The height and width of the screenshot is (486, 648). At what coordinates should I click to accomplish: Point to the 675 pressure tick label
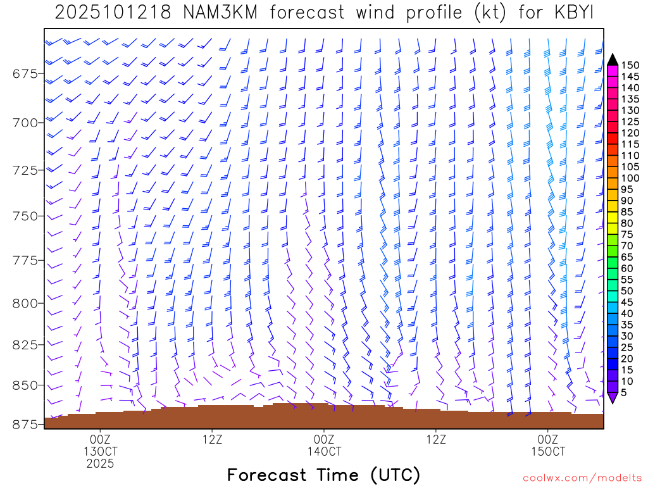(25, 74)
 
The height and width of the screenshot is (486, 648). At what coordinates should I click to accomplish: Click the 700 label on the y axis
(25, 121)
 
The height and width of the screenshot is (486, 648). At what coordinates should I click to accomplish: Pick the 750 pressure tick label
(25, 216)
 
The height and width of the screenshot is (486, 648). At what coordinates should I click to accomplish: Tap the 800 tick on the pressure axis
(25, 303)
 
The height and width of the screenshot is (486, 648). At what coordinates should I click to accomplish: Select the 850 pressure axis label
(25, 385)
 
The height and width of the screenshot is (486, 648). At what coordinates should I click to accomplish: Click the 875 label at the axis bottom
(25, 424)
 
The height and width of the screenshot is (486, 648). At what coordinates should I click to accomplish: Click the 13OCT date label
(101, 452)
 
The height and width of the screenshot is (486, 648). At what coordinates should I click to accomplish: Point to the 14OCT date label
(324, 452)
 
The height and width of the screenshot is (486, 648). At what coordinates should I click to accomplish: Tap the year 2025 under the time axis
(101, 464)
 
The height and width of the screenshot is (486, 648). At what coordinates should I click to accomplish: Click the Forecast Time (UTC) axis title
(323, 475)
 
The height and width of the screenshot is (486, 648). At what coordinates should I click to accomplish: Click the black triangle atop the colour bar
(612, 59)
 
